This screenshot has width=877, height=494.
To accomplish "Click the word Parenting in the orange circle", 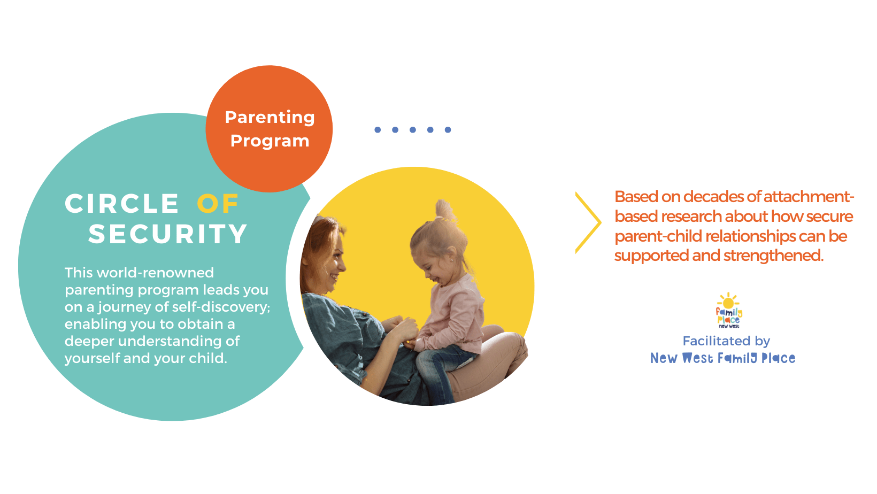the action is (270, 118).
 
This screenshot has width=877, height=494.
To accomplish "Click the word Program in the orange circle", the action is (270, 141).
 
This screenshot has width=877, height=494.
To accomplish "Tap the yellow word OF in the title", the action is (218, 204).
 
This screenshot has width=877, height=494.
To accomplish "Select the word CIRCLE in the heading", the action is (122, 204).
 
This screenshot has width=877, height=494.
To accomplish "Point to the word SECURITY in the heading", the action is (167, 234).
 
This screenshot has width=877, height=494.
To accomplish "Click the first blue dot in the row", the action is (378, 129).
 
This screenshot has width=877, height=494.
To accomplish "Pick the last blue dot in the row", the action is (448, 129).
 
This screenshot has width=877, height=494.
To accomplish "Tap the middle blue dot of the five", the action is (413, 129).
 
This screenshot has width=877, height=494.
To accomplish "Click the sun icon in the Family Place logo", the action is (728, 303).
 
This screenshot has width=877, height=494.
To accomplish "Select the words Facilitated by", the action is (726, 341).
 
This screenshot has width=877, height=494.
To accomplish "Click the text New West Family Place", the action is (723, 358).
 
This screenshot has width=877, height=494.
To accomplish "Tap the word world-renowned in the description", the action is (156, 273).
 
